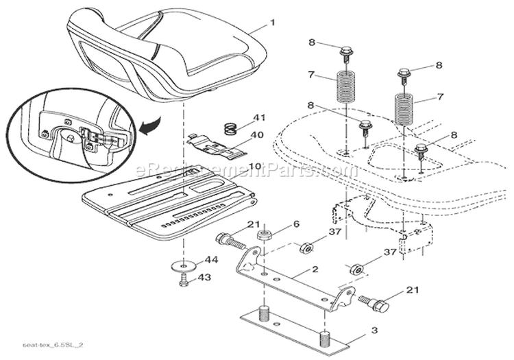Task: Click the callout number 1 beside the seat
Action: pos(272,23)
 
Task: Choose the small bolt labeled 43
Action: pos(183,280)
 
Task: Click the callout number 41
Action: pos(259,118)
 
